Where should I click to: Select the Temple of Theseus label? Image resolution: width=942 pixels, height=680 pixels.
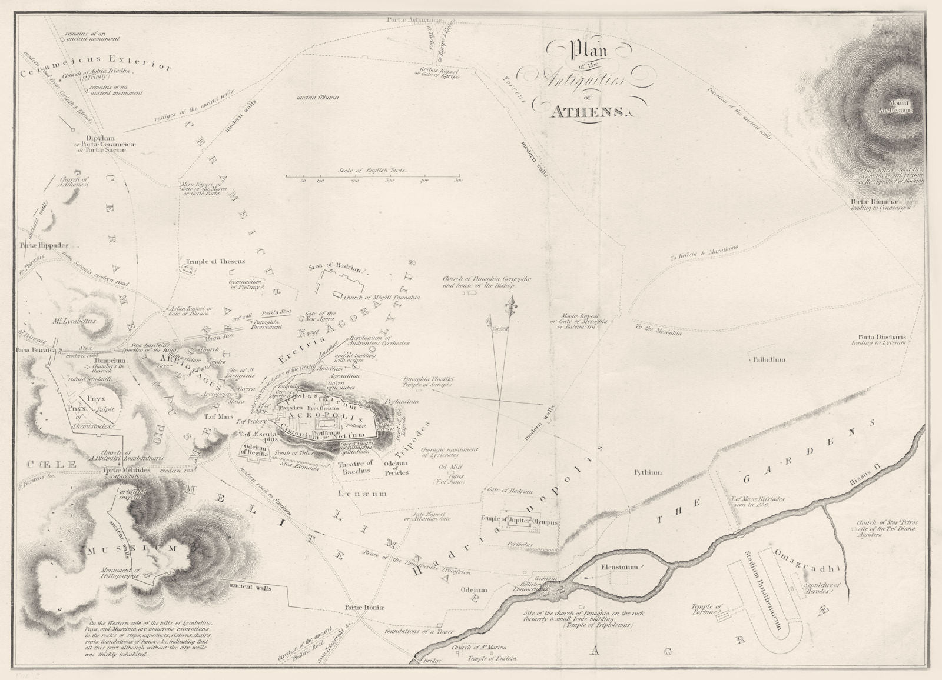[x=215, y=261]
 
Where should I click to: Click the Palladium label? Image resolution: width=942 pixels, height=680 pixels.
[x=769, y=359]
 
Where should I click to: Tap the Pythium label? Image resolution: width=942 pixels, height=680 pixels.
[x=648, y=472]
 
